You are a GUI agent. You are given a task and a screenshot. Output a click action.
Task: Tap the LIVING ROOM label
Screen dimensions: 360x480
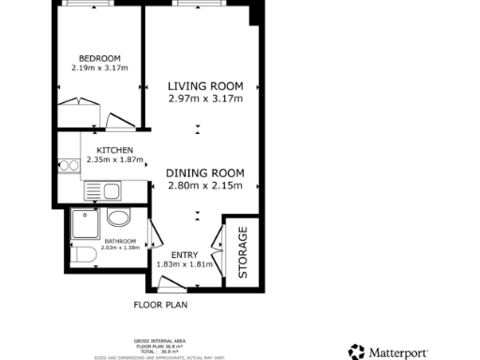click(x=205, y=85)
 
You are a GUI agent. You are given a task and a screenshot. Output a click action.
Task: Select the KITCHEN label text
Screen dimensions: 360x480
click(x=113, y=150)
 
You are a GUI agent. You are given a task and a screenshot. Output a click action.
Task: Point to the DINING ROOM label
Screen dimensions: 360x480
click(x=205, y=172)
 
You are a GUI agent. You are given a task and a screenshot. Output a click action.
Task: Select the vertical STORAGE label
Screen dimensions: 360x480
click(x=242, y=251)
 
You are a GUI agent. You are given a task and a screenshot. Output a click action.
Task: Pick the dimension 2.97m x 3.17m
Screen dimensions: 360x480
click(x=205, y=98)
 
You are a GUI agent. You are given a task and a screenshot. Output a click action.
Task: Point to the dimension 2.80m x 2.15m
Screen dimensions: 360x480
click(x=205, y=186)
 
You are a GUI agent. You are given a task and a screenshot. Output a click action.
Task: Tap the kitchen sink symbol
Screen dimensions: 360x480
click(x=111, y=192)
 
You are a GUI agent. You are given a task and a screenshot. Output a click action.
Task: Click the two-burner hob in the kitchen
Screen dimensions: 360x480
click(x=67, y=167)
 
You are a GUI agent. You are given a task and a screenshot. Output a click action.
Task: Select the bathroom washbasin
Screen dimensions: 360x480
click(x=119, y=218)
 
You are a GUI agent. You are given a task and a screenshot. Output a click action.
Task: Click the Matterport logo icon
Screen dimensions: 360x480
click(x=355, y=352)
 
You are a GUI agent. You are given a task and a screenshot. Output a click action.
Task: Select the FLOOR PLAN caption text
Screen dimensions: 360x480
click(x=159, y=305)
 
